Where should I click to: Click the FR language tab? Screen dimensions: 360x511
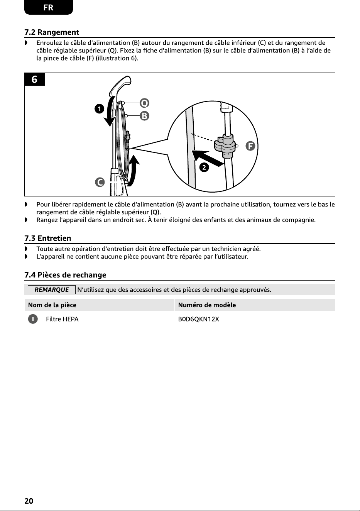[x=48, y=7]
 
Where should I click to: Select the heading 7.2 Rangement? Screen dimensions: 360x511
[x=52, y=32]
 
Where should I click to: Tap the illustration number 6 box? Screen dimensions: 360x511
[x=34, y=79]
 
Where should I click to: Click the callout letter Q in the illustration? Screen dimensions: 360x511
[x=144, y=103]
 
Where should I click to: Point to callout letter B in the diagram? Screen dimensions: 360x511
[x=144, y=116]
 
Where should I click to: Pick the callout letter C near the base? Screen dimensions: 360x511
[x=100, y=182]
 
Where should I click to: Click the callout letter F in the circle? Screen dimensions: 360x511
[x=250, y=146]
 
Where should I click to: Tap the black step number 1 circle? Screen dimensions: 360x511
[x=99, y=109]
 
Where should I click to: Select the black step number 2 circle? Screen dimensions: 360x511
[x=204, y=168]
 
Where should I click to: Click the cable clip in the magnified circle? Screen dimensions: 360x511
[x=225, y=145]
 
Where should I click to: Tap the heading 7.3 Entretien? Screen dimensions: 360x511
[x=48, y=238]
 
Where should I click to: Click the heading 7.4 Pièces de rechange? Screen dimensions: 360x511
[x=65, y=275]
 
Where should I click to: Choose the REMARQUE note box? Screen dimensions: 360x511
[x=52, y=289]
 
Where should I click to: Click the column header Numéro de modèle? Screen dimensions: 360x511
[x=207, y=305]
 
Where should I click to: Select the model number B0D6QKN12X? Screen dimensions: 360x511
[x=198, y=319]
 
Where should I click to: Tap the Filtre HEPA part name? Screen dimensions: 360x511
[x=62, y=319]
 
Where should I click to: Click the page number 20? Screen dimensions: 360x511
[x=29, y=501]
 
